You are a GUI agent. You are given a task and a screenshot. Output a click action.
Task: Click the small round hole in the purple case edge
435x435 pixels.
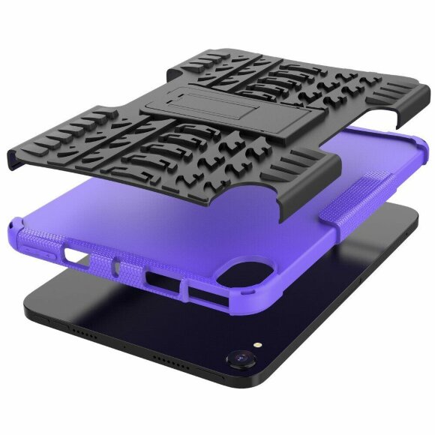[117, 265]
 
